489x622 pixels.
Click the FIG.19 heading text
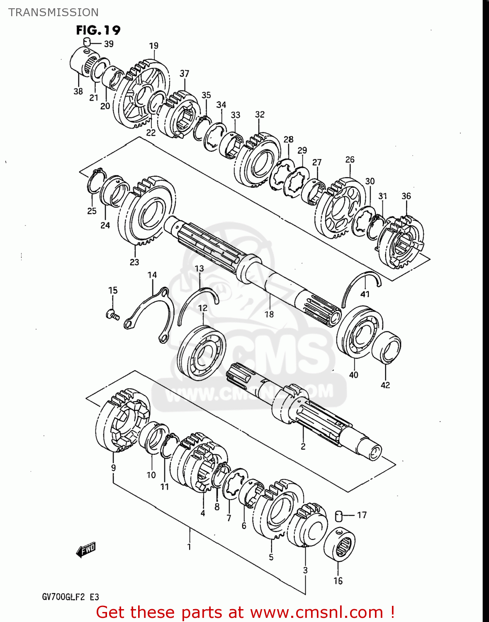[x=98, y=30]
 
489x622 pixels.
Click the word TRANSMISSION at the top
[x=54, y=12]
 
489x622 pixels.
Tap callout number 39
[x=109, y=44]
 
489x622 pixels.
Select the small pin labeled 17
[x=338, y=516]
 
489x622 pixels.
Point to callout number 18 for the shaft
[x=269, y=314]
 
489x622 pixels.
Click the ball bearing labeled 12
[x=202, y=353]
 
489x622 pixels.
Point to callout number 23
[x=134, y=262]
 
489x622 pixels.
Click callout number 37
[x=185, y=74]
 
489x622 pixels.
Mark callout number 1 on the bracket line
[x=189, y=547]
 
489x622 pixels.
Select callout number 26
[x=350, y=160]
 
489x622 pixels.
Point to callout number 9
[x=113, y=468]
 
